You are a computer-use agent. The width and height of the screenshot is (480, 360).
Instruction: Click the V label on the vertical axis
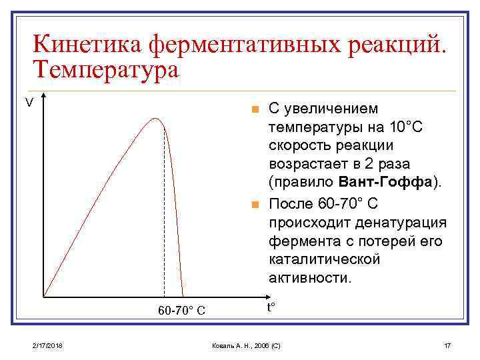tap(29, 103)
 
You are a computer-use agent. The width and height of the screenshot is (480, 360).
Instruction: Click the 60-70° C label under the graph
tap(181, 310)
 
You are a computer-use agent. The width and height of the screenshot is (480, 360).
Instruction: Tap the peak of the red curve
tap(155, 119)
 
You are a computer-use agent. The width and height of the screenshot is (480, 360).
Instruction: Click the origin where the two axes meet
tap(44, 295)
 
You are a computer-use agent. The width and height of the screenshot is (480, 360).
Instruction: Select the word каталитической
tap(324, 259)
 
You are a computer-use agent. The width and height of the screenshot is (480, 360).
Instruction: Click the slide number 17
tap(447, 346)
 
